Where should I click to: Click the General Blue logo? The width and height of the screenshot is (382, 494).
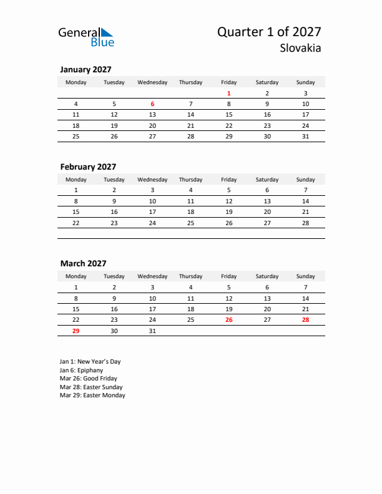point(86,37)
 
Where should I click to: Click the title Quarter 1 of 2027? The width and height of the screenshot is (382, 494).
point(269,32)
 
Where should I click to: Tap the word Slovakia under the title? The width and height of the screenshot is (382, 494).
point(300,48)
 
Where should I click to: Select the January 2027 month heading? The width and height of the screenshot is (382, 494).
point(86,70)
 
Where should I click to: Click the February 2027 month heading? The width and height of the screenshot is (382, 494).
point(88,167)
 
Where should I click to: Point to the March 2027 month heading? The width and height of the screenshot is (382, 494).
point(83,264)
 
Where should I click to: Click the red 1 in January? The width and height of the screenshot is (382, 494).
point(228,94)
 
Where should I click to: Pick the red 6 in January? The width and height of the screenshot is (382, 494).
point(152,104)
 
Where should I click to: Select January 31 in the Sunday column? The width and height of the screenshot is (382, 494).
point(305,136)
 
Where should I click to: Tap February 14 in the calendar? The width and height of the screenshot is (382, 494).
point(305,201)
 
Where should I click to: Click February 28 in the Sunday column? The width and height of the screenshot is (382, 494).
point(305,223)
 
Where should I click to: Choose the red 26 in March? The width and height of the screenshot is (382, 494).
point(228,320)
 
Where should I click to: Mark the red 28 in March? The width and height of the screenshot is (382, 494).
point(305,320)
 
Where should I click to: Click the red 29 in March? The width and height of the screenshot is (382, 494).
point(76,331)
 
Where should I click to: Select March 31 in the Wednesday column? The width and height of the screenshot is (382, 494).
point(152,331)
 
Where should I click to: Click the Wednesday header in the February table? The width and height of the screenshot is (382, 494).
point(152,180)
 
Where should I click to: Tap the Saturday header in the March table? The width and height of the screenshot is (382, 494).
point(267,276)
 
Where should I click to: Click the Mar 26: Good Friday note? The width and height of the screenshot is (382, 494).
point(88,379)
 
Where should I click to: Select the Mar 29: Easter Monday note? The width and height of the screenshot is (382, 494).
point(92,395)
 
